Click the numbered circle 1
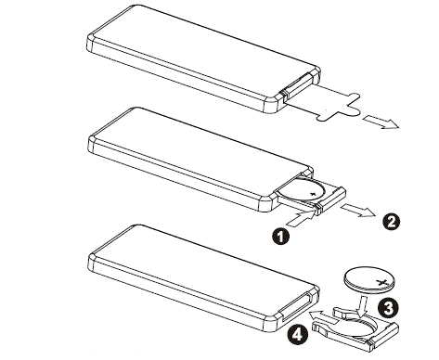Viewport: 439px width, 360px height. point(281,237)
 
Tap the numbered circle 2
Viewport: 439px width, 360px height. point(392,222)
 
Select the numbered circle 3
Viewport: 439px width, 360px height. point(388,307)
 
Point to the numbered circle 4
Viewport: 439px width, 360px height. point(297,335)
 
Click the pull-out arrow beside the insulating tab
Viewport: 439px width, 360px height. point(381,122)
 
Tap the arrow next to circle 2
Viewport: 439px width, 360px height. point(358,211)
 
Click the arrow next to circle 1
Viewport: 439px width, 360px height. point(300,218)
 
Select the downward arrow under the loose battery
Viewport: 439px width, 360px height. point(361,305)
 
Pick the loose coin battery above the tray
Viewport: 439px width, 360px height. point(370,279)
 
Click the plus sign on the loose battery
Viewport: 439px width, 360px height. point(382,282)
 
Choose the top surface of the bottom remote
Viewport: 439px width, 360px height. point(202,271)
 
